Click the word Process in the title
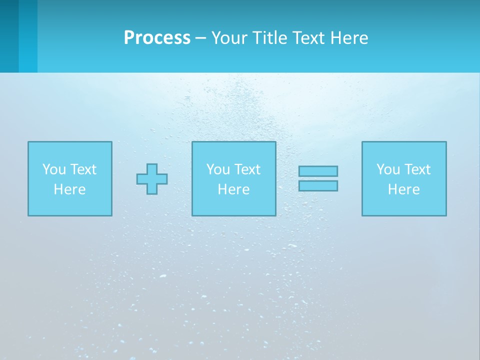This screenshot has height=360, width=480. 157,38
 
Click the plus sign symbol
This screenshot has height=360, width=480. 152,179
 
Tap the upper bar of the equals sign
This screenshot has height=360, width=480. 318,171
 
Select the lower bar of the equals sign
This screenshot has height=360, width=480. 318,185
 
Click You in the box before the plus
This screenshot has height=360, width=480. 54,169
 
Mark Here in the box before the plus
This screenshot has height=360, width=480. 69,189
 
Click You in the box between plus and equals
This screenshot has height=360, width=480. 218,169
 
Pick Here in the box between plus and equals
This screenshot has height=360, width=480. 233,189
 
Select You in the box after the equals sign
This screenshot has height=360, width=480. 388,169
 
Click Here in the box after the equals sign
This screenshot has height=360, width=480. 403,189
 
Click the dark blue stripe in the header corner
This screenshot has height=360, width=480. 9,36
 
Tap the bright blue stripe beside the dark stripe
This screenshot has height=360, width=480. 28,36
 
